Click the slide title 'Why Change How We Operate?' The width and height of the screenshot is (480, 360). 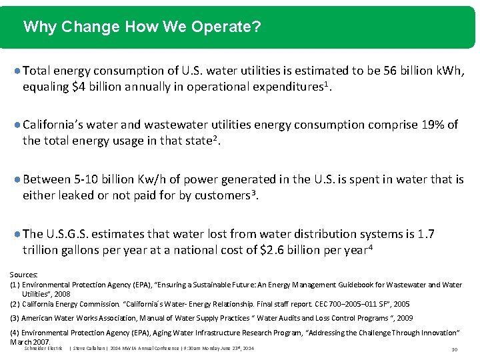point(141,27)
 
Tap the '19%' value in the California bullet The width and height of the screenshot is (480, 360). point(432,125)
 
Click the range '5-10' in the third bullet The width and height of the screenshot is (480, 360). point(87,179)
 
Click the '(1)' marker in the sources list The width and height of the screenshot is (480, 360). point(15,285)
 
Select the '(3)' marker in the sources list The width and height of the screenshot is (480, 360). point(15,318)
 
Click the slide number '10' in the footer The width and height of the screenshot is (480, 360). point(453,349)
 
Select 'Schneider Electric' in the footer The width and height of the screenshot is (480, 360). point(43,348)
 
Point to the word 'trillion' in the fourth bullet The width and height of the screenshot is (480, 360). point(41,251)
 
